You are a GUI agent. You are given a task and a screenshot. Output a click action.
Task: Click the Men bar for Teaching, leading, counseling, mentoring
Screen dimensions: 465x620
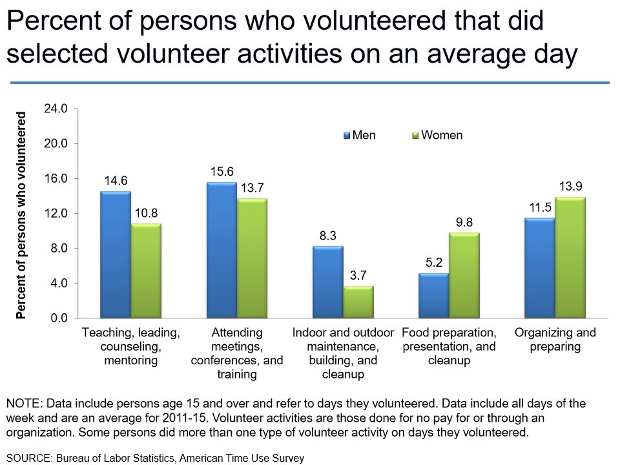pos(115,255)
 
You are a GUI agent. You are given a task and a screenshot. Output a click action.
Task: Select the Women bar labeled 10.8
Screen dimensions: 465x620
pos(146,271)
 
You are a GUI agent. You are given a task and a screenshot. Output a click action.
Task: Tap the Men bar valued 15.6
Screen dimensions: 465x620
pos(222,251)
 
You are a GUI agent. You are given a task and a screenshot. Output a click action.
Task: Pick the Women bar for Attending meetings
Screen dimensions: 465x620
pos(252,258)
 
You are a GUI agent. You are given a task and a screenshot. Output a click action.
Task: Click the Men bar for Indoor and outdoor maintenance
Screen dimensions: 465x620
pos(327,282)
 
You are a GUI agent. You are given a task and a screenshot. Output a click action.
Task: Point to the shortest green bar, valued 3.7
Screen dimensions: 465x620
pos(358,302)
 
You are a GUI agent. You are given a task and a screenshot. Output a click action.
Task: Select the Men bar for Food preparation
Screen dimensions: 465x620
pos(433,296)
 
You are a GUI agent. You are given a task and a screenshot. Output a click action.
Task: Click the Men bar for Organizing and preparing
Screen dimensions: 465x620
pos(539,268)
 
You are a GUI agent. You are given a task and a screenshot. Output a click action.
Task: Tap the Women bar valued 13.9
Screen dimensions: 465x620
pos(570,258)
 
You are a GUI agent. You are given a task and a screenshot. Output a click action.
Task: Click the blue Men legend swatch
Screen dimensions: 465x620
pos(347,136)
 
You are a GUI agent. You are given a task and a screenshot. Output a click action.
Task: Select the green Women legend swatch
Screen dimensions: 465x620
pos(416,136)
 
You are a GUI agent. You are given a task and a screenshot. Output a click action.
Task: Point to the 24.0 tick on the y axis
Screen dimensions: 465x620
pos(56,108)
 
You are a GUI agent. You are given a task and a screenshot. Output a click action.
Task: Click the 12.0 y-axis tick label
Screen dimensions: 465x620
pos(56,214)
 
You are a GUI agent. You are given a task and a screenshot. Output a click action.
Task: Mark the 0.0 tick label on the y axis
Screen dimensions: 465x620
pos(58,318)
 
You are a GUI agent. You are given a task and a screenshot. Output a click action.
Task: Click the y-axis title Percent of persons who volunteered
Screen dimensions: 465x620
pos(21,215)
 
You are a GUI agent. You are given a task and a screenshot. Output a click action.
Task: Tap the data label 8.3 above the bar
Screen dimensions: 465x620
pos(327,235)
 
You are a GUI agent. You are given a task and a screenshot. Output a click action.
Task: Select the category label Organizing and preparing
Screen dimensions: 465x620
pos(555,340)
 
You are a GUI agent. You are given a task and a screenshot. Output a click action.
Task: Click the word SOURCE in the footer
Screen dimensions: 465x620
pos(29,458)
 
